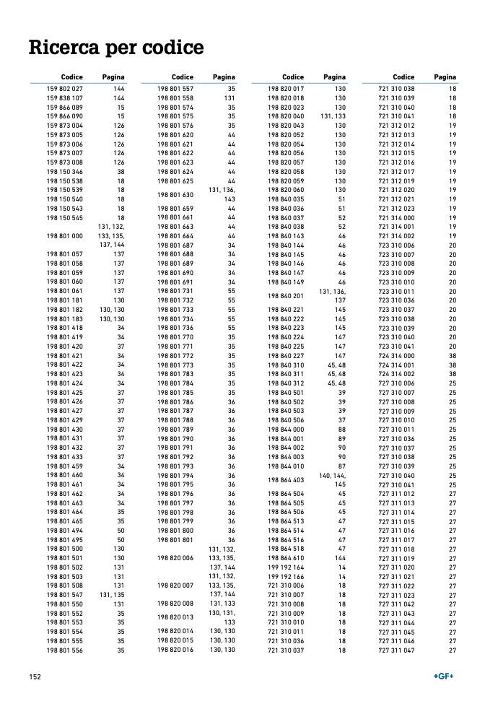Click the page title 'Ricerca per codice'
(115, 48)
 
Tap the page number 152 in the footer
(34, 676)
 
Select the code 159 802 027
(65, 88)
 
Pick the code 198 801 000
(65, 236)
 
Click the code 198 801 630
(175, 195)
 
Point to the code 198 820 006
(175, 558)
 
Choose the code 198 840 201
(286, 296)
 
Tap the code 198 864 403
(286, 479)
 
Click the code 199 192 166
(286, 577)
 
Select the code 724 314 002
(396, 374)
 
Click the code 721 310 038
(396, 88)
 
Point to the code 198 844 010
(286, 466)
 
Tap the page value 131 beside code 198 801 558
(230, 98)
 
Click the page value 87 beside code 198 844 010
(342, 466)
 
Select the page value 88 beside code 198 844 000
(342, 430)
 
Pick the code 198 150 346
(65, 172)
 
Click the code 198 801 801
(175, 539)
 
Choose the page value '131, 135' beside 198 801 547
(115, 595)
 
